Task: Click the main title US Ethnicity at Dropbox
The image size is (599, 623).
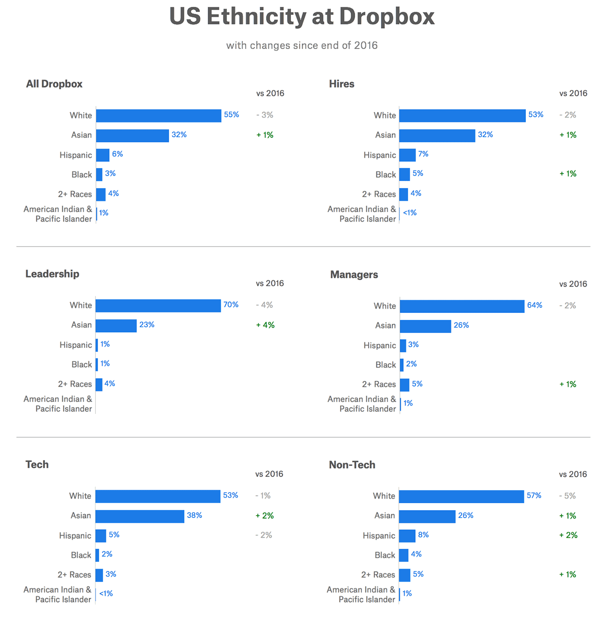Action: pos(302,17)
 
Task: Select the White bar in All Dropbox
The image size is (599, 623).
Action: pos(159,116)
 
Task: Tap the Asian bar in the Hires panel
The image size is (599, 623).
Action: pos(437,135)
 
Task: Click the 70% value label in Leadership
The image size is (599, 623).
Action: pos(231,305)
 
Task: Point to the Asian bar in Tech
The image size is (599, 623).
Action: pos(140,516)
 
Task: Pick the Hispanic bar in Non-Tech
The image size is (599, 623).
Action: pos(407,536)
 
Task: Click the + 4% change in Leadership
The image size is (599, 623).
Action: pos(265,325)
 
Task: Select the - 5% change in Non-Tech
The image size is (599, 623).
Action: pos(567,496)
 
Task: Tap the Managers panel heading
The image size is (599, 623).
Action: pos(354,275)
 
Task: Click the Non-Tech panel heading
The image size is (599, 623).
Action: pos(352,465)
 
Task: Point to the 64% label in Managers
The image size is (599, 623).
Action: pos(534,305)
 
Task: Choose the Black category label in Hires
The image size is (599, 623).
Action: pos(386,175)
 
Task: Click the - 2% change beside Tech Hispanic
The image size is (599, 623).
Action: pos(264,535)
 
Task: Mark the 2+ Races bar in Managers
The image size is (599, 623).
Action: pos(405,385)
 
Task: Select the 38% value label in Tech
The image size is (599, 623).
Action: pos(194,515)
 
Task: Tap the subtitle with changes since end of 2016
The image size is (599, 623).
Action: pos(302,46)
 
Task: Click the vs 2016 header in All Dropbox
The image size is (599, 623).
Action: pos(270,94)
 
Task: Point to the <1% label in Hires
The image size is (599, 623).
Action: pos(410,213)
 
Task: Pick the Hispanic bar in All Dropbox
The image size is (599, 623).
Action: pos(103,155)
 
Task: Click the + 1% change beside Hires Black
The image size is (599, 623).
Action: pos(568,174)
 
